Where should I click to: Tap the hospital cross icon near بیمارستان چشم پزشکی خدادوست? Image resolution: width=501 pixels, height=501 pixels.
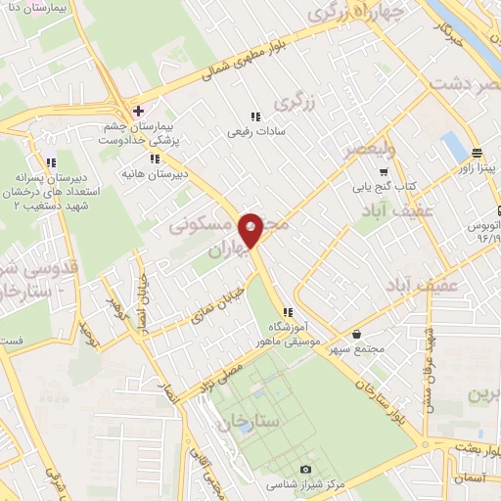pyautogui.click(x=139, y=111)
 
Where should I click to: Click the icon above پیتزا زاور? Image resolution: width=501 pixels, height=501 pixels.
pyautogui.click(x=478, y=153)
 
